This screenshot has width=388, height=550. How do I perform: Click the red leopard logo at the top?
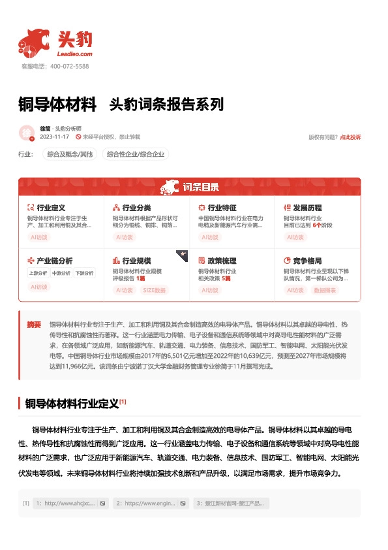34,42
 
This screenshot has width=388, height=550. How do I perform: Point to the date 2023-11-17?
55,137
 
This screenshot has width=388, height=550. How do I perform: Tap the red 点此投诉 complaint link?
350,137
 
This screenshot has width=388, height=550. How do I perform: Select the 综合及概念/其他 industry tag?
68,154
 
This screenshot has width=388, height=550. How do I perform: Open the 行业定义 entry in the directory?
51,208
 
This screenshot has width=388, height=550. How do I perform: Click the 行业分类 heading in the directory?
136,208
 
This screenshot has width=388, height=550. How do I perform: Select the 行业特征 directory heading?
222,208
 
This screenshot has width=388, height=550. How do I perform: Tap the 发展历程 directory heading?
307,208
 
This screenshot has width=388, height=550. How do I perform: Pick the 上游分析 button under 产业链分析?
38,273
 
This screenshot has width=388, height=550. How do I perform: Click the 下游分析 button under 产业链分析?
84,273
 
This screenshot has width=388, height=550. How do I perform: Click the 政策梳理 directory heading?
222,261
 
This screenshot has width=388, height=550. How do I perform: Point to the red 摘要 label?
34,325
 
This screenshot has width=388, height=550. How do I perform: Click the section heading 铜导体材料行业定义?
72,403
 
